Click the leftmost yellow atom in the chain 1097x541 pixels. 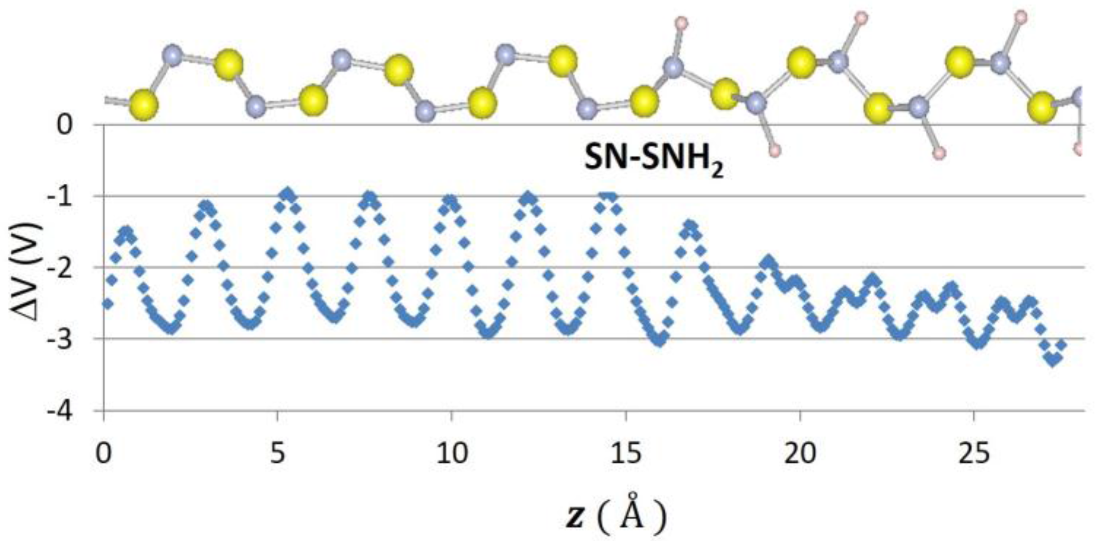click(144, 105)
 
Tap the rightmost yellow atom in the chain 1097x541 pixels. click(1042, 108)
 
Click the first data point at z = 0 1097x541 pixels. click(107, 304)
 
